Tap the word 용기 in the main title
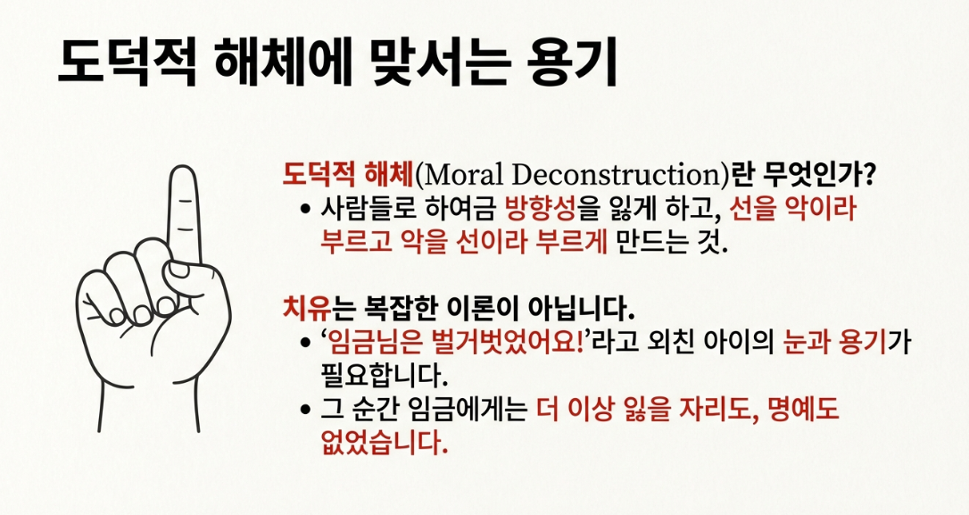coord(572,62)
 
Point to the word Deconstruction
coord(617,175)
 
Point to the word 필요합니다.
coord(383,375)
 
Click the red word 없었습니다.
coord(383,442)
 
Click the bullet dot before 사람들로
coord(304,210)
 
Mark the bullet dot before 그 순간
coord(304,410)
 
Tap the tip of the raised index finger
coord(183,166)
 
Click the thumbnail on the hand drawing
coord(180,270)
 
